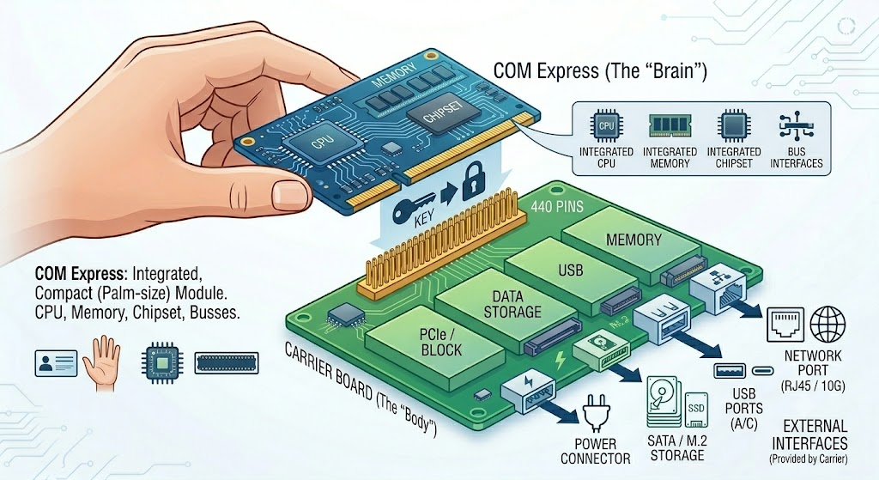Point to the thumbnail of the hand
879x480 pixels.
coord(102,363)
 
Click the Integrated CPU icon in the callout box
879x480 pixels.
coord(606,126)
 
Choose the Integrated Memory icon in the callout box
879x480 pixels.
coord(670,126)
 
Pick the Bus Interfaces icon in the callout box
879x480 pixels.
coord(796,126)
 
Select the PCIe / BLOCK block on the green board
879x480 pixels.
coord(441,343)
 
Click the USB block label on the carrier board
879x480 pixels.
coord(571,270)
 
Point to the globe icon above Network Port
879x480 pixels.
coord(828,325)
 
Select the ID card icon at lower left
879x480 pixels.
coord(56,363)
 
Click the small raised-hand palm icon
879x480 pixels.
coord(102,363)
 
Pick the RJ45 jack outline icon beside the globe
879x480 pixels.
coord(785,325)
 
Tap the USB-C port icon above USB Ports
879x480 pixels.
coord(763,371)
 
